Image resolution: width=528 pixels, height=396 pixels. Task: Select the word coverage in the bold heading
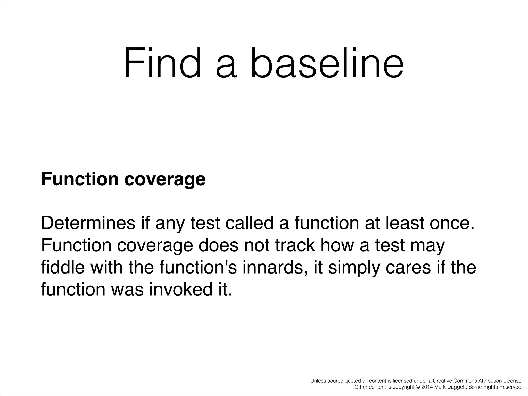pyautogui.click(x=165, y=179)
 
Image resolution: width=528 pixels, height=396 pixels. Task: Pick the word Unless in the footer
pyautogui.click(x=318, y=381)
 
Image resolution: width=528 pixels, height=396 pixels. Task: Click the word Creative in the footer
pyautogui.click(x=442, y=381)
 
